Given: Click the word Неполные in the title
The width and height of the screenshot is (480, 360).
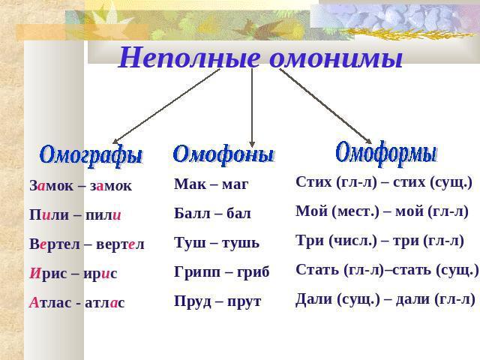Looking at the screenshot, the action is [189, 58].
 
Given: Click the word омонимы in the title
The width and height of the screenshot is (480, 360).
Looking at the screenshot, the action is [337, 58].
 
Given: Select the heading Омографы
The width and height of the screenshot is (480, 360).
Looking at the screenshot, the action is [91, 155].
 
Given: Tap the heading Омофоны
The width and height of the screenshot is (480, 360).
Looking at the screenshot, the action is [223, 154].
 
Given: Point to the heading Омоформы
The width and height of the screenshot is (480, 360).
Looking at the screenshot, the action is [386, 153].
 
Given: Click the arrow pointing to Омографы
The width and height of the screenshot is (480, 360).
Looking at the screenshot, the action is [166, 106].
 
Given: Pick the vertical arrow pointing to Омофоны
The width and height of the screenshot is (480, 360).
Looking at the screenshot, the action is [252, 108].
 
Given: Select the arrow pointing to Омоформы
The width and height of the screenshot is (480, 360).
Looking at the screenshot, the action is [325, 106].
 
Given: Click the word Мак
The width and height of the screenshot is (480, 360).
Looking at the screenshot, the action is [186, 184].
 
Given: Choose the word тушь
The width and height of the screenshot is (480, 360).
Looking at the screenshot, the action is [240, 243].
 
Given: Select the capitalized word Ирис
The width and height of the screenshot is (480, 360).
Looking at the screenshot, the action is [48, 273].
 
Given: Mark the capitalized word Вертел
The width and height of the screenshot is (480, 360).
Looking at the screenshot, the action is [55, 244].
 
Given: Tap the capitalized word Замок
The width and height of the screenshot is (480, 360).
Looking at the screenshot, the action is [52, 186].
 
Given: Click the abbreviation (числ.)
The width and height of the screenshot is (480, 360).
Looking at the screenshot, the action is [352, 241].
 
